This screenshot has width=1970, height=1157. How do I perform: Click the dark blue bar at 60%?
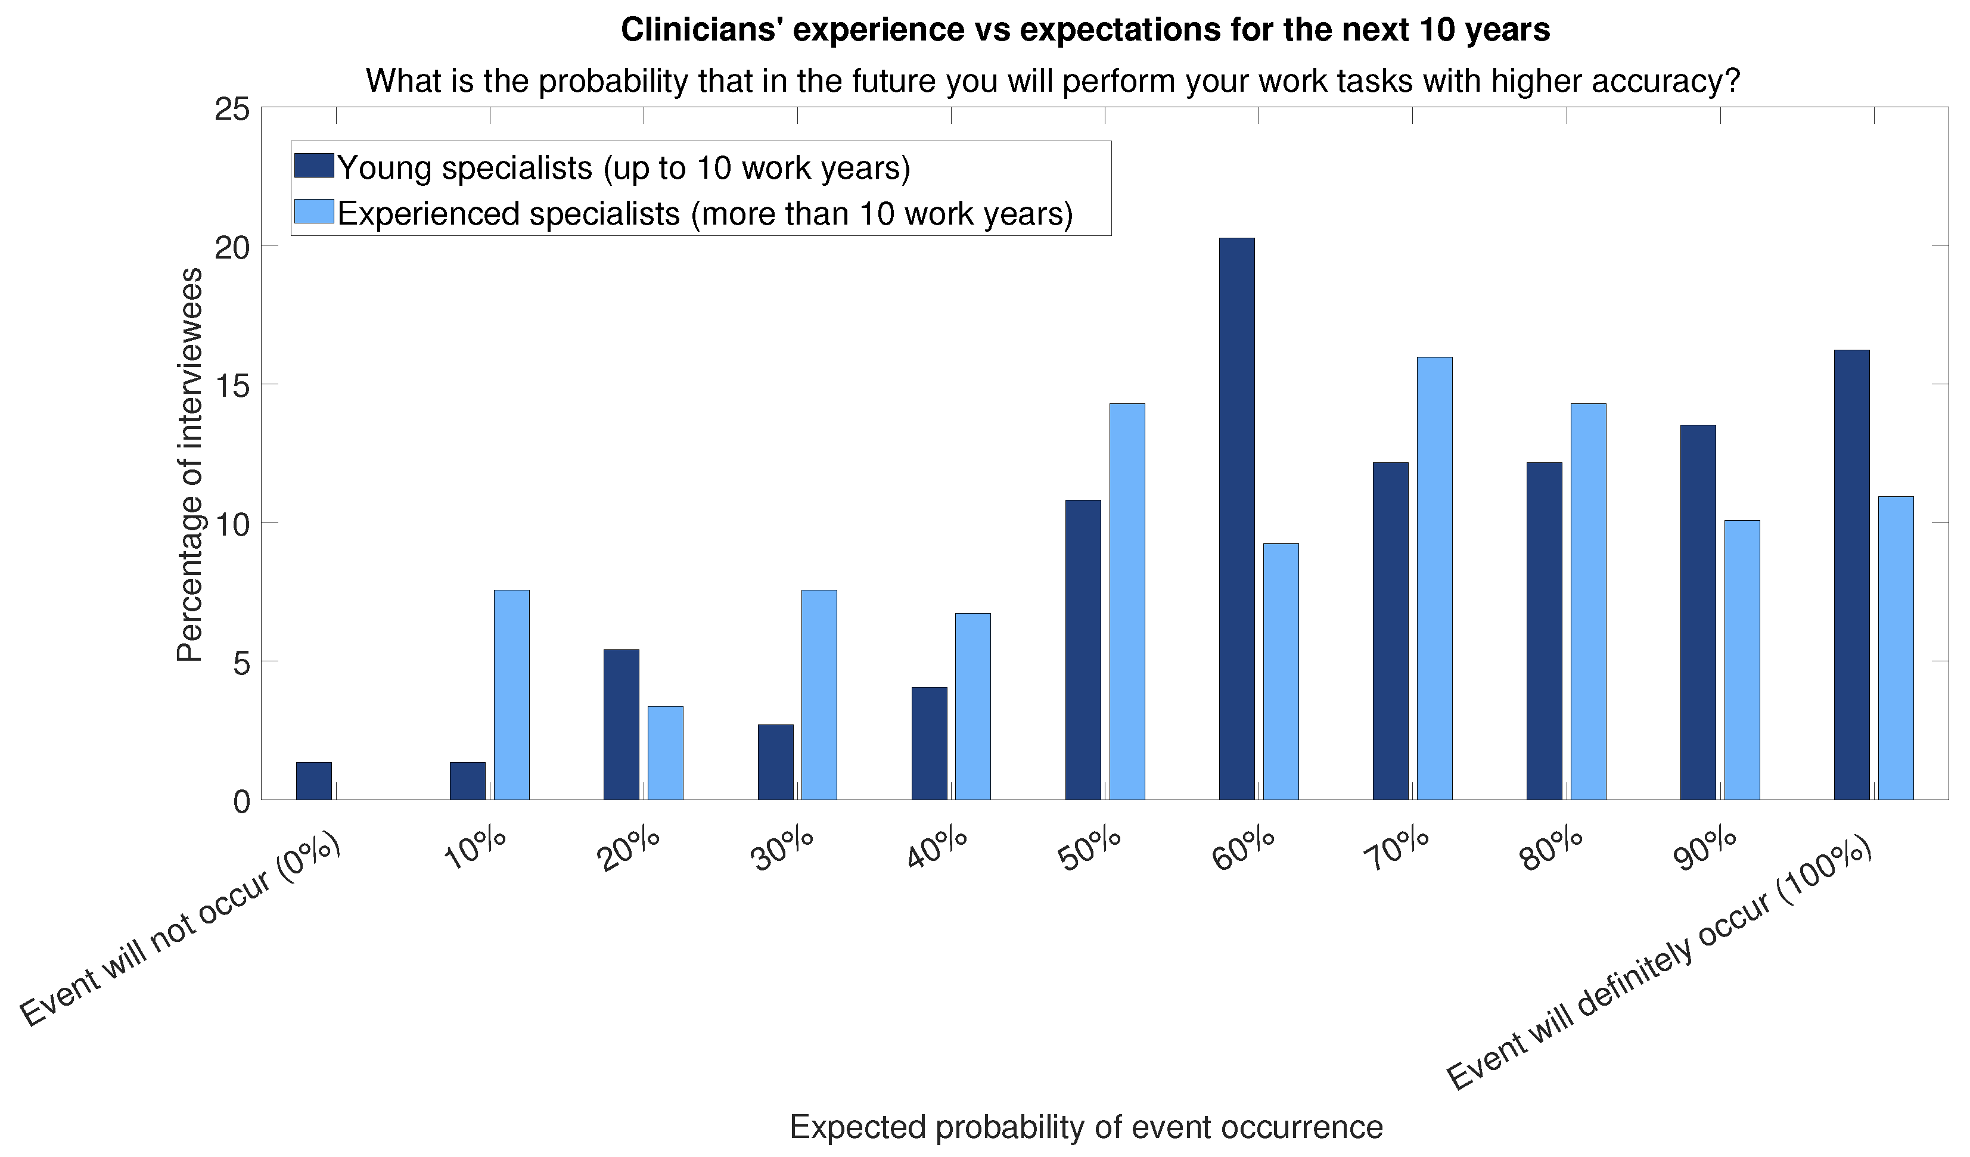pyautogui.click(x=1236, y=519)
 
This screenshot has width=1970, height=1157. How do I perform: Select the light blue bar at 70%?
pyautogui.click(x=1434, y=578)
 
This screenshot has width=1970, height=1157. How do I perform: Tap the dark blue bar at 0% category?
pyautogui.click(x=313, y=781)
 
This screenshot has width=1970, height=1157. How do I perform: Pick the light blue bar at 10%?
pyautogui.click(x=511, y=695)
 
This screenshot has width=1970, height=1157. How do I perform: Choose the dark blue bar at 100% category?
pyautogui.click(x=1852, y=574)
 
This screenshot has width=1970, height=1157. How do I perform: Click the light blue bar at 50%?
pyautogui.click(x=1127, y=602)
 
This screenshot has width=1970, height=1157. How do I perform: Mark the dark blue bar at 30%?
pyautogui.click(x=775, y=762)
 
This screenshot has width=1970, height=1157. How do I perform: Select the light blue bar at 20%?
pyautogui.click(x=665, y=753)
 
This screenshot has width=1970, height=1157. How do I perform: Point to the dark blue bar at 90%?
pyautogui.click(x=1698, y=612)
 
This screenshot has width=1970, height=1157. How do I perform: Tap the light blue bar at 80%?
pyautogui.click(x=1589, y=602)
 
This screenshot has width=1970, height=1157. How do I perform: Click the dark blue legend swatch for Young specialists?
pyautogui.click(x=314, y=166)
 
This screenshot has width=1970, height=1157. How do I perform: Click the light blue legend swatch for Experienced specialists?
pyautogui.click(x=314, y=211)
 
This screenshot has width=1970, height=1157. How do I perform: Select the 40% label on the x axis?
pyautogui.click(x=937, y=850)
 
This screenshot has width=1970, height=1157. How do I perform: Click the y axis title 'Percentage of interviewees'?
pyautogui.click(x=189, y=465)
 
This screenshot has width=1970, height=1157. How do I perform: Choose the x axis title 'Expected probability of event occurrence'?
pyautogui.click(x=1086, y=1127)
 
